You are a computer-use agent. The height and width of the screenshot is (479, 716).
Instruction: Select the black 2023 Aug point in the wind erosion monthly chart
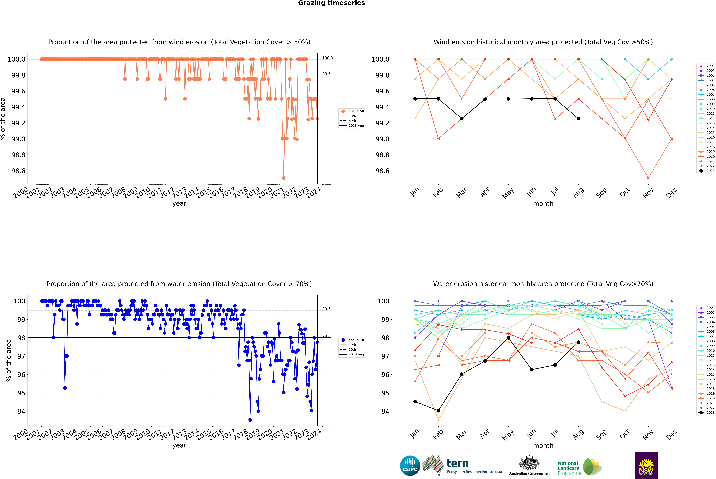pos(578,118)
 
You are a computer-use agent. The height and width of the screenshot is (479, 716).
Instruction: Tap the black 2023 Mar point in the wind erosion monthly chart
pos(461,118)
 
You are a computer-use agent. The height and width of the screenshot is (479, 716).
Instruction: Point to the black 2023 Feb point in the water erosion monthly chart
pos(438,411)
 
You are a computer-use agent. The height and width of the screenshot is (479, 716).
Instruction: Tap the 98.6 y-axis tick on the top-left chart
pos(18,171)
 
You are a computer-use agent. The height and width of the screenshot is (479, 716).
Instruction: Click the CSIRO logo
pos(410,466)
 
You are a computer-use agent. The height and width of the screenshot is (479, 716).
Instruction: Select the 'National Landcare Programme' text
pos(570,468)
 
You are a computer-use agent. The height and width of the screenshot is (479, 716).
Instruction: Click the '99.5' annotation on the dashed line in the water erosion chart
pos(326,309)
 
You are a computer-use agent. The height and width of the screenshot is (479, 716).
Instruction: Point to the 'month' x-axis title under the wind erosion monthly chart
pos(543,204)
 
